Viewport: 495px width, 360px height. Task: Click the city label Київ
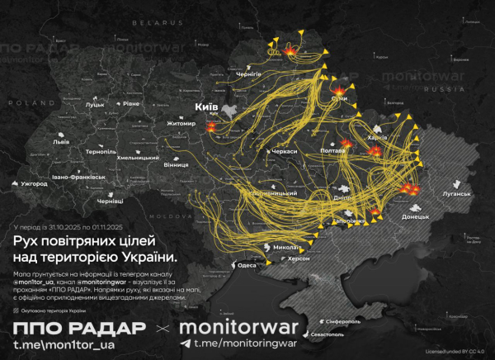[x=206, y=107]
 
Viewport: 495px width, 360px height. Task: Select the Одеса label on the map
[x=247, y=266]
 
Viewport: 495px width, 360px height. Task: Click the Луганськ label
[x=456, y=195]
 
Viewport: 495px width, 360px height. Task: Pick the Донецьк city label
[x=415, y=216]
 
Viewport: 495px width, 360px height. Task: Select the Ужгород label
[x=36, y=182]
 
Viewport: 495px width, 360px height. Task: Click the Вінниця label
[x=175, y=164]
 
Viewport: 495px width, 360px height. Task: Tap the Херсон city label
[x=298, y=258]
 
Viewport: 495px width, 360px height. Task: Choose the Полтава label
[x=332, y=152]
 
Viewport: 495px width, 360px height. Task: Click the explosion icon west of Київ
[x=211, y=128]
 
